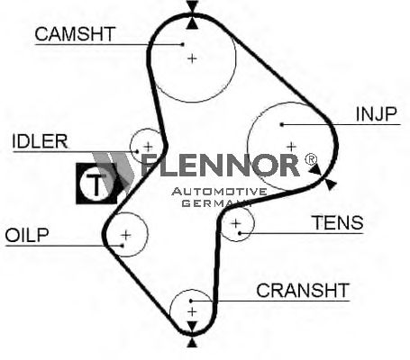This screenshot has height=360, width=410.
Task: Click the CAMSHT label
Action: [x=75, y=34]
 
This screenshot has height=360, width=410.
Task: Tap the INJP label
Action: [x=376, y=114]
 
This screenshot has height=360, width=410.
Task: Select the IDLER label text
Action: [x=40, y=141]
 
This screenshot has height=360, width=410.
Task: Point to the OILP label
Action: [x=27, y=235]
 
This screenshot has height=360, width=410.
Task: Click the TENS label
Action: [x=338, y=222]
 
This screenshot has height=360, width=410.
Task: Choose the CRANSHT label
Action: [x=303, y=290]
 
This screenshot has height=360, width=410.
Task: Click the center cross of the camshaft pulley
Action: [x=192, y=58]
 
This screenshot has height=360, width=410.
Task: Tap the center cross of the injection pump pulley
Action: [x=291, y=147]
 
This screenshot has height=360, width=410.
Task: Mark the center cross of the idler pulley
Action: [x=148, y=147]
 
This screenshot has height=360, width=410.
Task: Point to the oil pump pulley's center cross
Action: [x=126, y=235]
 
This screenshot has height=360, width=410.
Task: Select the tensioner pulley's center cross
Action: [x=236, y=223]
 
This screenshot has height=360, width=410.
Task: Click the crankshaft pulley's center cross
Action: [x=192, y=311]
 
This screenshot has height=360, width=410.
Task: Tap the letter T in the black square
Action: [x=96, y=184]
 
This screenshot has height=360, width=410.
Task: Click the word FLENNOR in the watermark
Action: [x=220, y=165]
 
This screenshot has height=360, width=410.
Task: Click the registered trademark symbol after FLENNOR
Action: [x=311, y=159]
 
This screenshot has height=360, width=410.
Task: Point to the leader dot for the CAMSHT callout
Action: [x=183, y=44]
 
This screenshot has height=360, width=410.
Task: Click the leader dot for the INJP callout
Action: [x=281, y=124]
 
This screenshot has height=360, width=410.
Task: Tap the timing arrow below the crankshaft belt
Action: [x=192, y=343]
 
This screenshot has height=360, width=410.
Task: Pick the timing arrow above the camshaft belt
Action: [x=192, y=6]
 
